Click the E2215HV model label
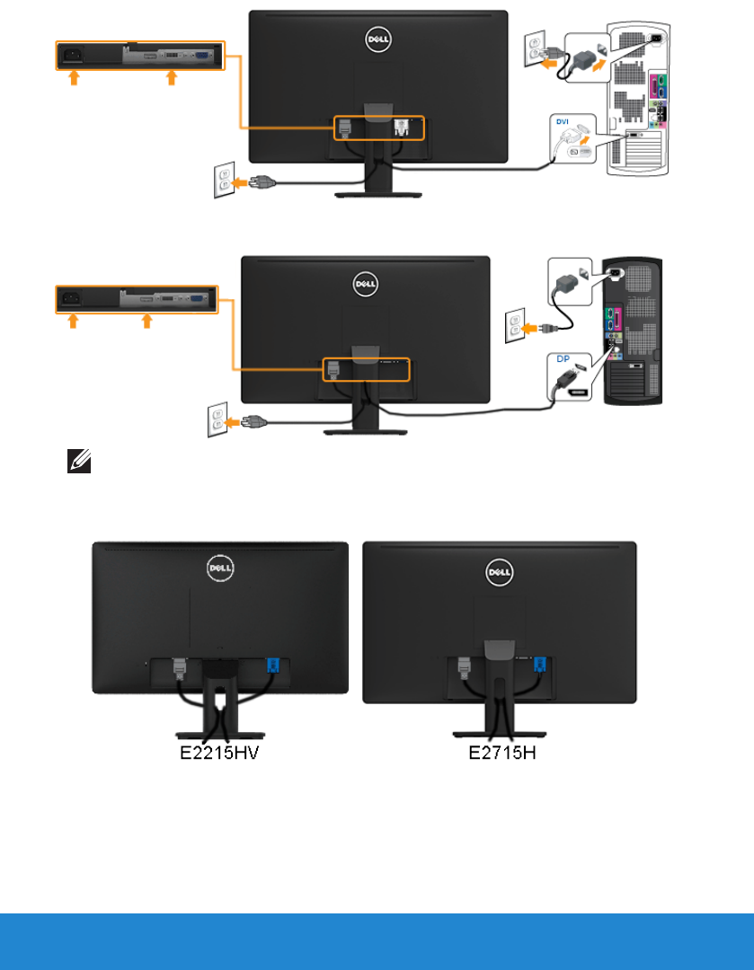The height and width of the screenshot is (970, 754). (221, 752)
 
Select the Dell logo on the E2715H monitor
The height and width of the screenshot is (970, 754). (499, 570)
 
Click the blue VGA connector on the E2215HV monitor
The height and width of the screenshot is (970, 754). (274, 666)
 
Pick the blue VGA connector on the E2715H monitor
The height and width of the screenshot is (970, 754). (540, 665)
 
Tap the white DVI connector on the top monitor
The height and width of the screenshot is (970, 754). (403, 127)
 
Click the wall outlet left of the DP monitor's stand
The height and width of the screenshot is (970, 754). (216, 420)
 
